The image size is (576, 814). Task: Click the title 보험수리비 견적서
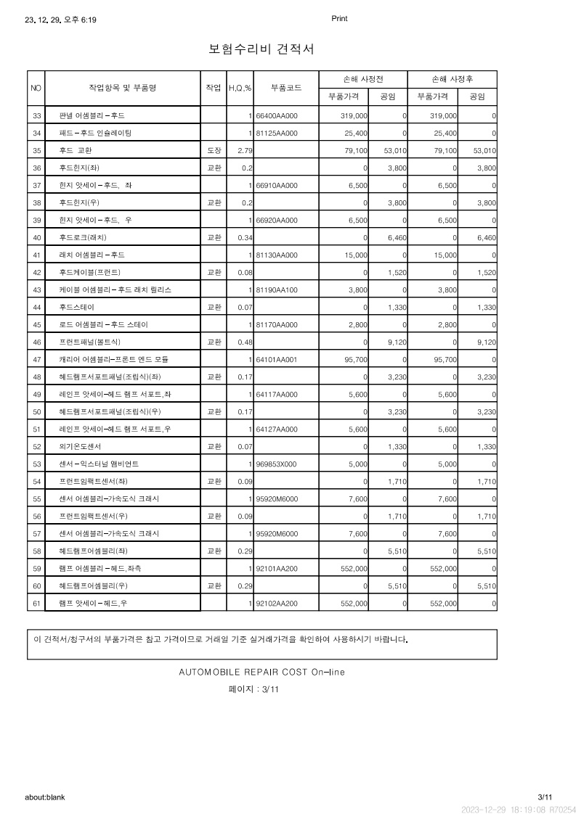pyautogui.click(x=261, y=49)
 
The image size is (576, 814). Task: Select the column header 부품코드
pyautogui.click(x=286, y=88)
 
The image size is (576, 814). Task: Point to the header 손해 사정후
pyautogui.click(x=453, y=79)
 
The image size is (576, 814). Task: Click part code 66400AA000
pyautogui.click(x=277, y=116)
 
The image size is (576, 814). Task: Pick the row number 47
pyautogui.click(x=36, y=359)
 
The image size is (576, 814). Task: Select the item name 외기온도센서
pyautogui.click(x=81, y=446)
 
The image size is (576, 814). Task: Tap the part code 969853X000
pyautogui.click(x=277, y=464)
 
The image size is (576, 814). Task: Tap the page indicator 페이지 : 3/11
pyautogui.click(x=253, y=690)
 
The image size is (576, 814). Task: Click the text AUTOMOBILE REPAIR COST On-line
pyautogui.click(x=261, y=672)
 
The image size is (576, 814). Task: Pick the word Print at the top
pyautogui.click(x=339, y=19)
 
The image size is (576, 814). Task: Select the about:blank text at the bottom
pyautogui.click(x=45, y=797)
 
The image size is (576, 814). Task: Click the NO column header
pyautogui.click(x=36, y=88)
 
